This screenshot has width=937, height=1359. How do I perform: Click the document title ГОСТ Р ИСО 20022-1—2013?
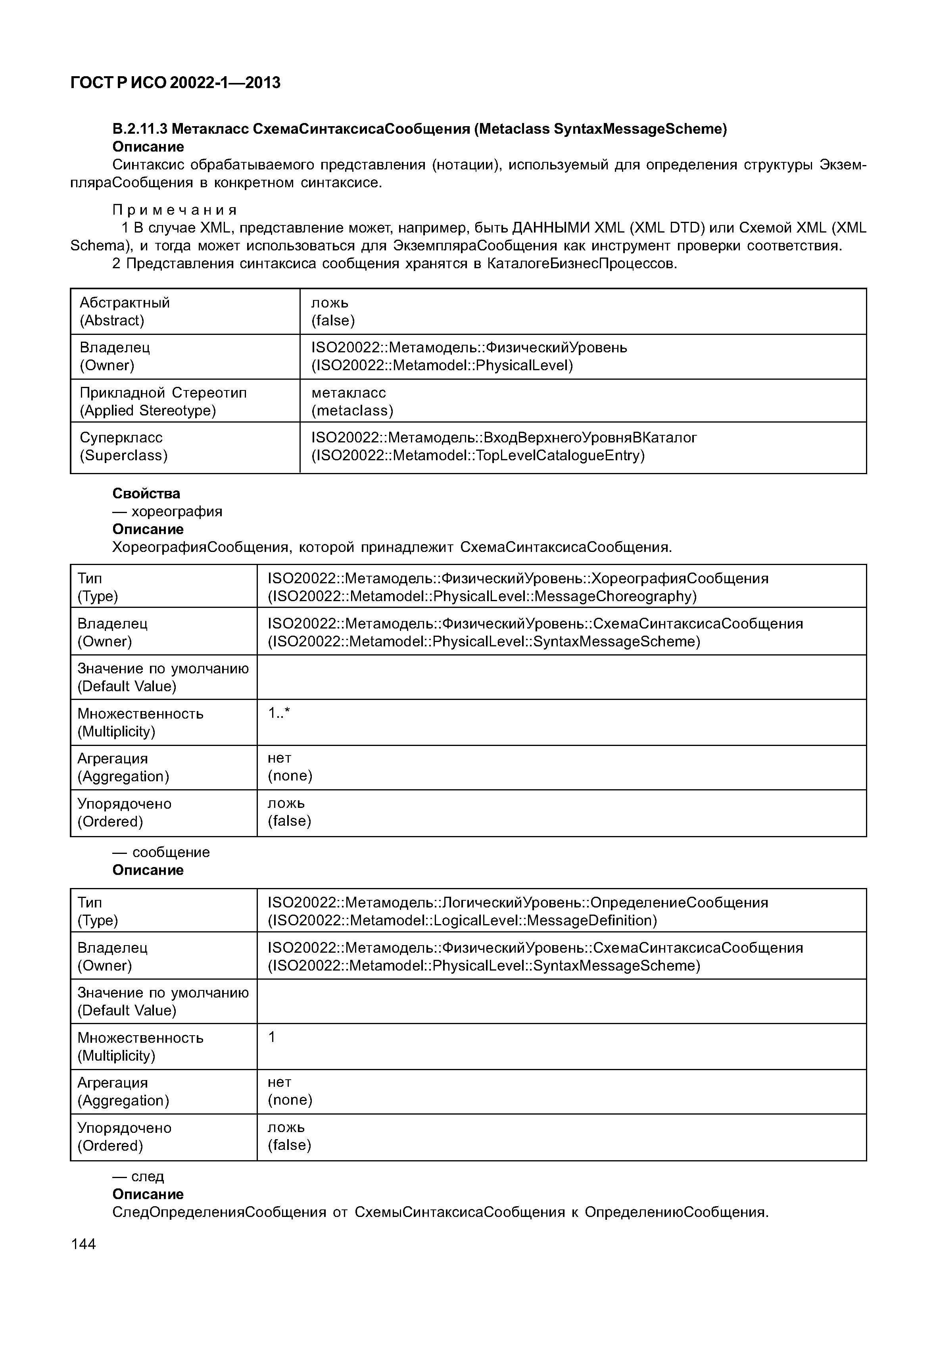click(175, 83)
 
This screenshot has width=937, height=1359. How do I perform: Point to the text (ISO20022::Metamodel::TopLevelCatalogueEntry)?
click(478, 456)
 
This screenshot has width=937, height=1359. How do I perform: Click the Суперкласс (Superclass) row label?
click(123, 446)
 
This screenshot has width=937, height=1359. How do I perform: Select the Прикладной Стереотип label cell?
click(163, 392)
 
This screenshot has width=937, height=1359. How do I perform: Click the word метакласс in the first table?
click(348, 392)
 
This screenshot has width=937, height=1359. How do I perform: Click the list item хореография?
click(177, 511)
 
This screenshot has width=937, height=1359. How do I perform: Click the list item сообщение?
click(171, 852)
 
